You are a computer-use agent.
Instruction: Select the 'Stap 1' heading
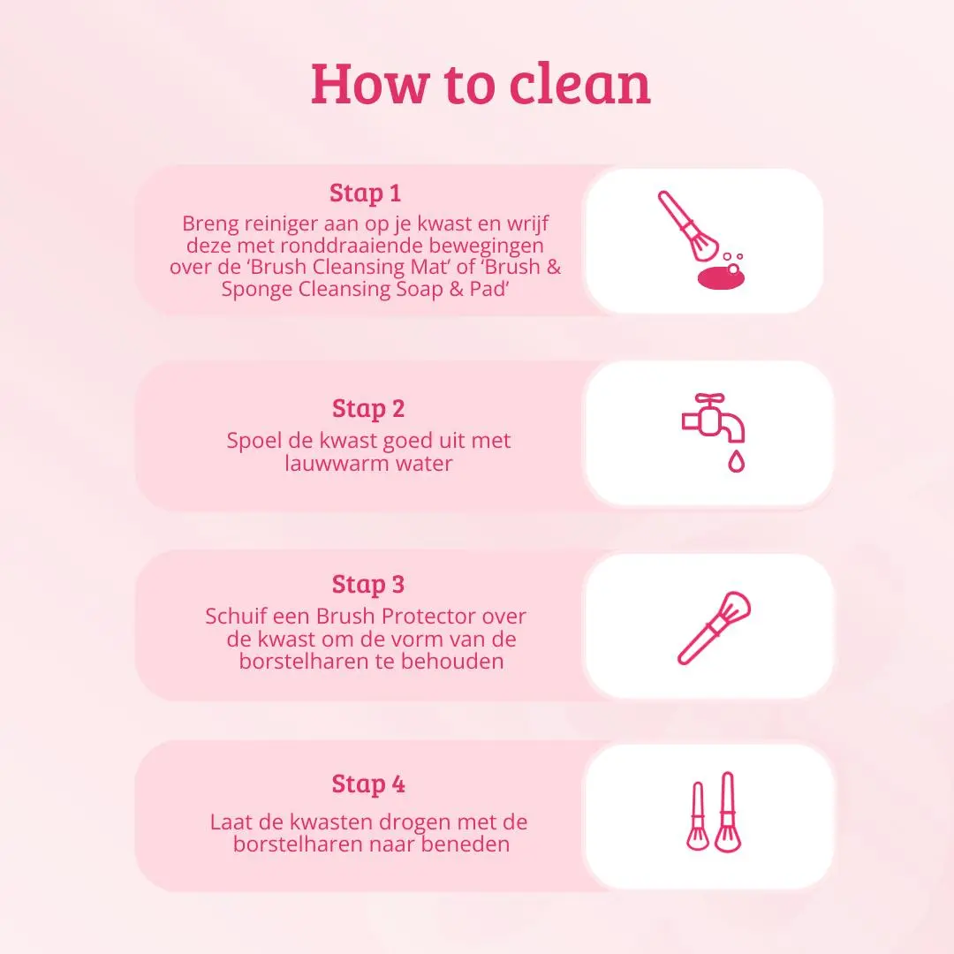click(365, 193)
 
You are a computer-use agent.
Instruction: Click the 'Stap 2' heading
click(368, 408)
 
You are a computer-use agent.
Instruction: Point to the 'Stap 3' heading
click(368, 584)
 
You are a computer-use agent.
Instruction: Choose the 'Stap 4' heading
click(368, 784)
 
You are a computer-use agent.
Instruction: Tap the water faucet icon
click(712, 419)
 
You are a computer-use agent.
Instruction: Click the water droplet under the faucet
click(736, 461)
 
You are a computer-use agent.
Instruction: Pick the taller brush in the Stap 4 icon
click(727, 812)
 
